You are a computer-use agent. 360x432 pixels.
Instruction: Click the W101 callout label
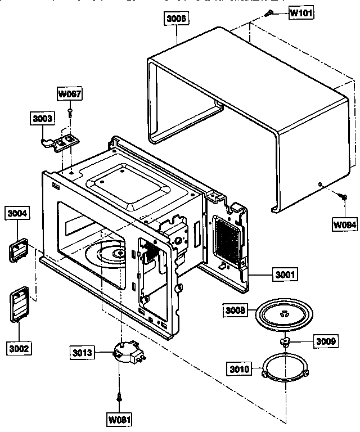pyautogui.click(x=301, y=13)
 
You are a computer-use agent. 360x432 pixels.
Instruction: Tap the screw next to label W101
pyautogui.click(x=271, y=12)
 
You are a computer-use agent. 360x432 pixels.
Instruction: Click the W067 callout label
pyautogui.click(x=70, y=94)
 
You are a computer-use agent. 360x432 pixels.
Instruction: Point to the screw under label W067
pyautogui.click(x=70, y=113)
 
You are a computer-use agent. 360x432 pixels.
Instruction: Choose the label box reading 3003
pyautogui.click(x=42, y=119)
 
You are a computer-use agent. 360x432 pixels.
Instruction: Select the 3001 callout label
pyautogui.click(x=286, y=275)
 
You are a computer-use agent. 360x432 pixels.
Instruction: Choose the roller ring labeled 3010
pyautogui.click(x=286, y=370)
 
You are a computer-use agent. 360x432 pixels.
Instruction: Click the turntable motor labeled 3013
pyautogui.click(x=127, y=355)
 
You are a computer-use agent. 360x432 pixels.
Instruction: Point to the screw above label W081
pyautogui.click(x=119, y=397)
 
